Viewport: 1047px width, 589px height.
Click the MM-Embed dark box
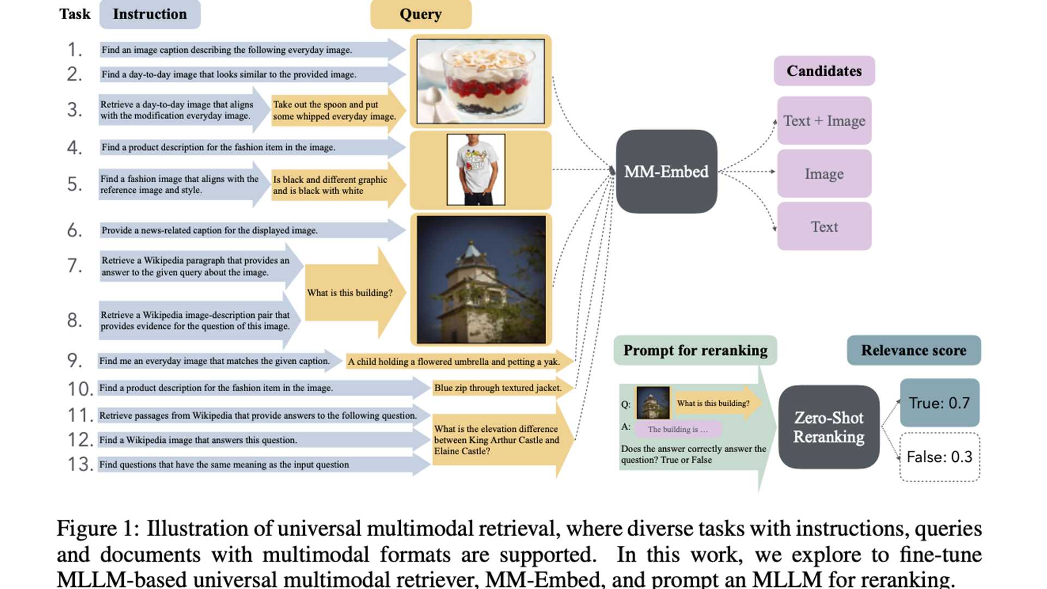point(666,171)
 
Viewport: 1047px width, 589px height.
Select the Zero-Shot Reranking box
point(828,427)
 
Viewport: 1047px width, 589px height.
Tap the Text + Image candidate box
point(824,121)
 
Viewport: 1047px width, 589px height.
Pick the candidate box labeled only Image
point(824,173)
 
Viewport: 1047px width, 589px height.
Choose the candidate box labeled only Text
point(824,226)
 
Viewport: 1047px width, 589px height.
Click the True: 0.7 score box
point(939,402)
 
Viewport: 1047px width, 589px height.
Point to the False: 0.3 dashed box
point(939,456)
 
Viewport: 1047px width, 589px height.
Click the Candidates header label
point(824,71)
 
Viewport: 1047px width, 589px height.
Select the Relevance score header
point(913,350)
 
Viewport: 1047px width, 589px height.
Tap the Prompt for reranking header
point(695,350)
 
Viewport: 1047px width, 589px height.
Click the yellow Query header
point(420,14)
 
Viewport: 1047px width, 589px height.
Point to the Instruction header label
point(149,14)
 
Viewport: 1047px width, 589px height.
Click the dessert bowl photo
point(480,81)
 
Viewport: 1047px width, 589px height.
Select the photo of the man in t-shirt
point(476,170)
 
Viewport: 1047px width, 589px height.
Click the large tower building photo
point(480,279)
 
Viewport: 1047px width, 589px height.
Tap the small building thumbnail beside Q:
point(653,402)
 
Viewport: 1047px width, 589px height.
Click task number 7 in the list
point(75,266)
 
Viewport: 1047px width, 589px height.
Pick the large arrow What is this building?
point(352,292)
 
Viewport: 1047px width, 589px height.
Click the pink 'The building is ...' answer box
point(678,429)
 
